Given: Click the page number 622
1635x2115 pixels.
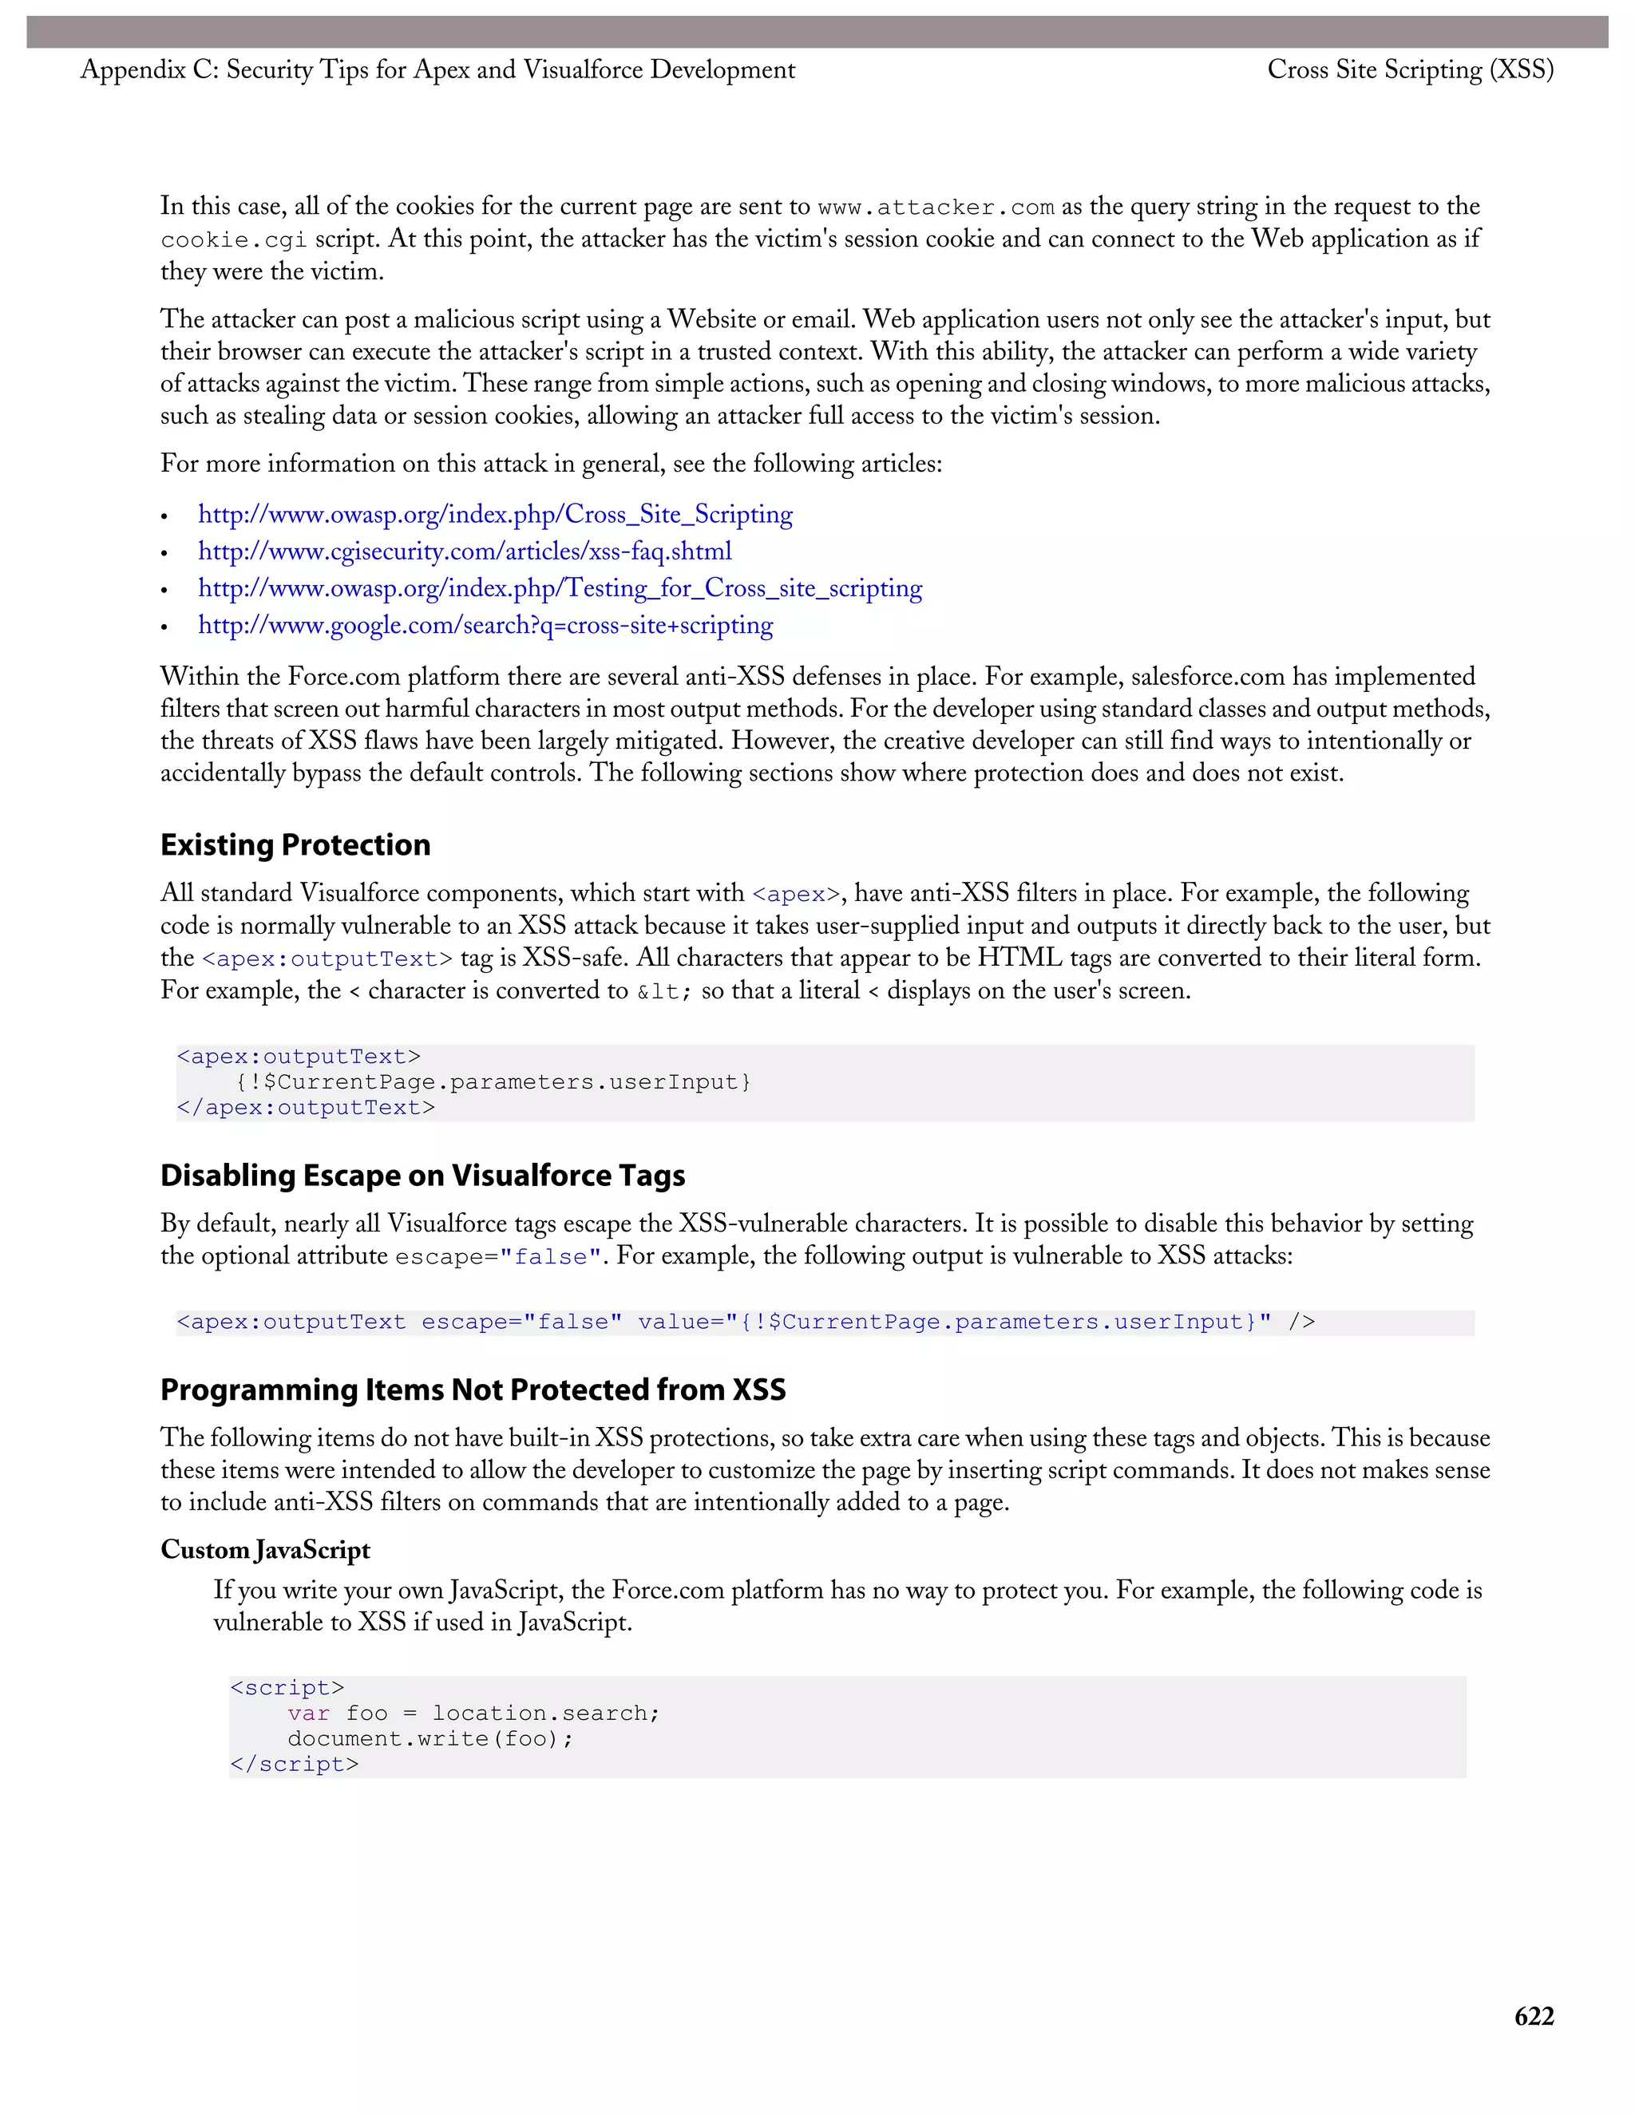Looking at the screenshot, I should (1534, 2015).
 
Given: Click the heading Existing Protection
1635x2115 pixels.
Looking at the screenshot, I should (295, 844).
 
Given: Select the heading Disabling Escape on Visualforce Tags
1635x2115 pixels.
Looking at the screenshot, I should (422, 1175).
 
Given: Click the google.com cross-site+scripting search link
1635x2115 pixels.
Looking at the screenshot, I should (485, 625).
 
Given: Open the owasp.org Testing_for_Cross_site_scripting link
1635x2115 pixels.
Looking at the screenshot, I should (560, 588).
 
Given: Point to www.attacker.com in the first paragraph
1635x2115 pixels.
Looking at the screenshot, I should (936, 208).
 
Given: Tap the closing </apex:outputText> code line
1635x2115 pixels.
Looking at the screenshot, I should (306, 1107).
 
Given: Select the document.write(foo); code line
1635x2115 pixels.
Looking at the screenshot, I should (430, 1738).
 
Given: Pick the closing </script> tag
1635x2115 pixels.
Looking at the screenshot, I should (295, 1764).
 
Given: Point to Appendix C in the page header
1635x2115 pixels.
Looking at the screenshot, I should (149, 69).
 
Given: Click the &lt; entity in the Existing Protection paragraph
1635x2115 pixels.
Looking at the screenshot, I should (663, 991).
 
